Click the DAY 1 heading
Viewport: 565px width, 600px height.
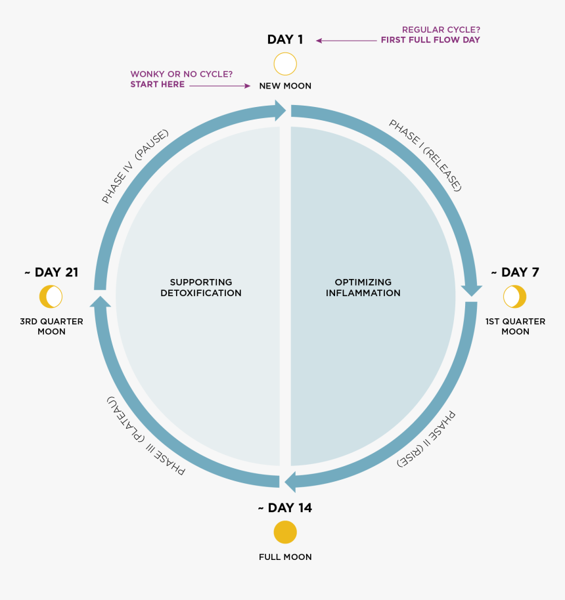click(x=285, y=39)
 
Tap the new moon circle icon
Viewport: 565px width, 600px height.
click(x=285, y=64)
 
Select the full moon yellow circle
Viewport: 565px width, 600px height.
click(x=285, y=532)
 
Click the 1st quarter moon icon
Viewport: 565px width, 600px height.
click(x=514, y=297)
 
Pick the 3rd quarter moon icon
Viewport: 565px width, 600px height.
click(x=51, y=297)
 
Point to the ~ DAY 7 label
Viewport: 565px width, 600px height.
click(x=515, y=272)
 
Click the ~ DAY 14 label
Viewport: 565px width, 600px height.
click(x=285, y=508)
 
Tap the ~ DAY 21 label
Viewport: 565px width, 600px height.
click(x=51, y=272)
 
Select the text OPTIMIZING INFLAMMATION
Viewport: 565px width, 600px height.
click(x=363, y=288)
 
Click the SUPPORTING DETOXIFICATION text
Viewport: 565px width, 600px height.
click(x=201, y=288)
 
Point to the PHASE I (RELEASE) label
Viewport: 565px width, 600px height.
click(x=425, y=155)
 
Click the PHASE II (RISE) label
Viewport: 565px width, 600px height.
click(x=426, y=439)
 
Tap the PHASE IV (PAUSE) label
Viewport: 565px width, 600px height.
click(x=135, y=166)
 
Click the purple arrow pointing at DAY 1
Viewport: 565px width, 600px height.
click(x=346, y=41)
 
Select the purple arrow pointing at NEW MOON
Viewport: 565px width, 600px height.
click(x=220, y=86)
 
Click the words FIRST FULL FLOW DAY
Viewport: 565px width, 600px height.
click(x=430, y=40)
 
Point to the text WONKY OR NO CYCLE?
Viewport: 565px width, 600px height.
click(x=181, y=74)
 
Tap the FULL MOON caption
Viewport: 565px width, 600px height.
click(x=285, y=557)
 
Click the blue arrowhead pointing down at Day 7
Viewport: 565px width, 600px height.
click(x=471, y=290)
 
